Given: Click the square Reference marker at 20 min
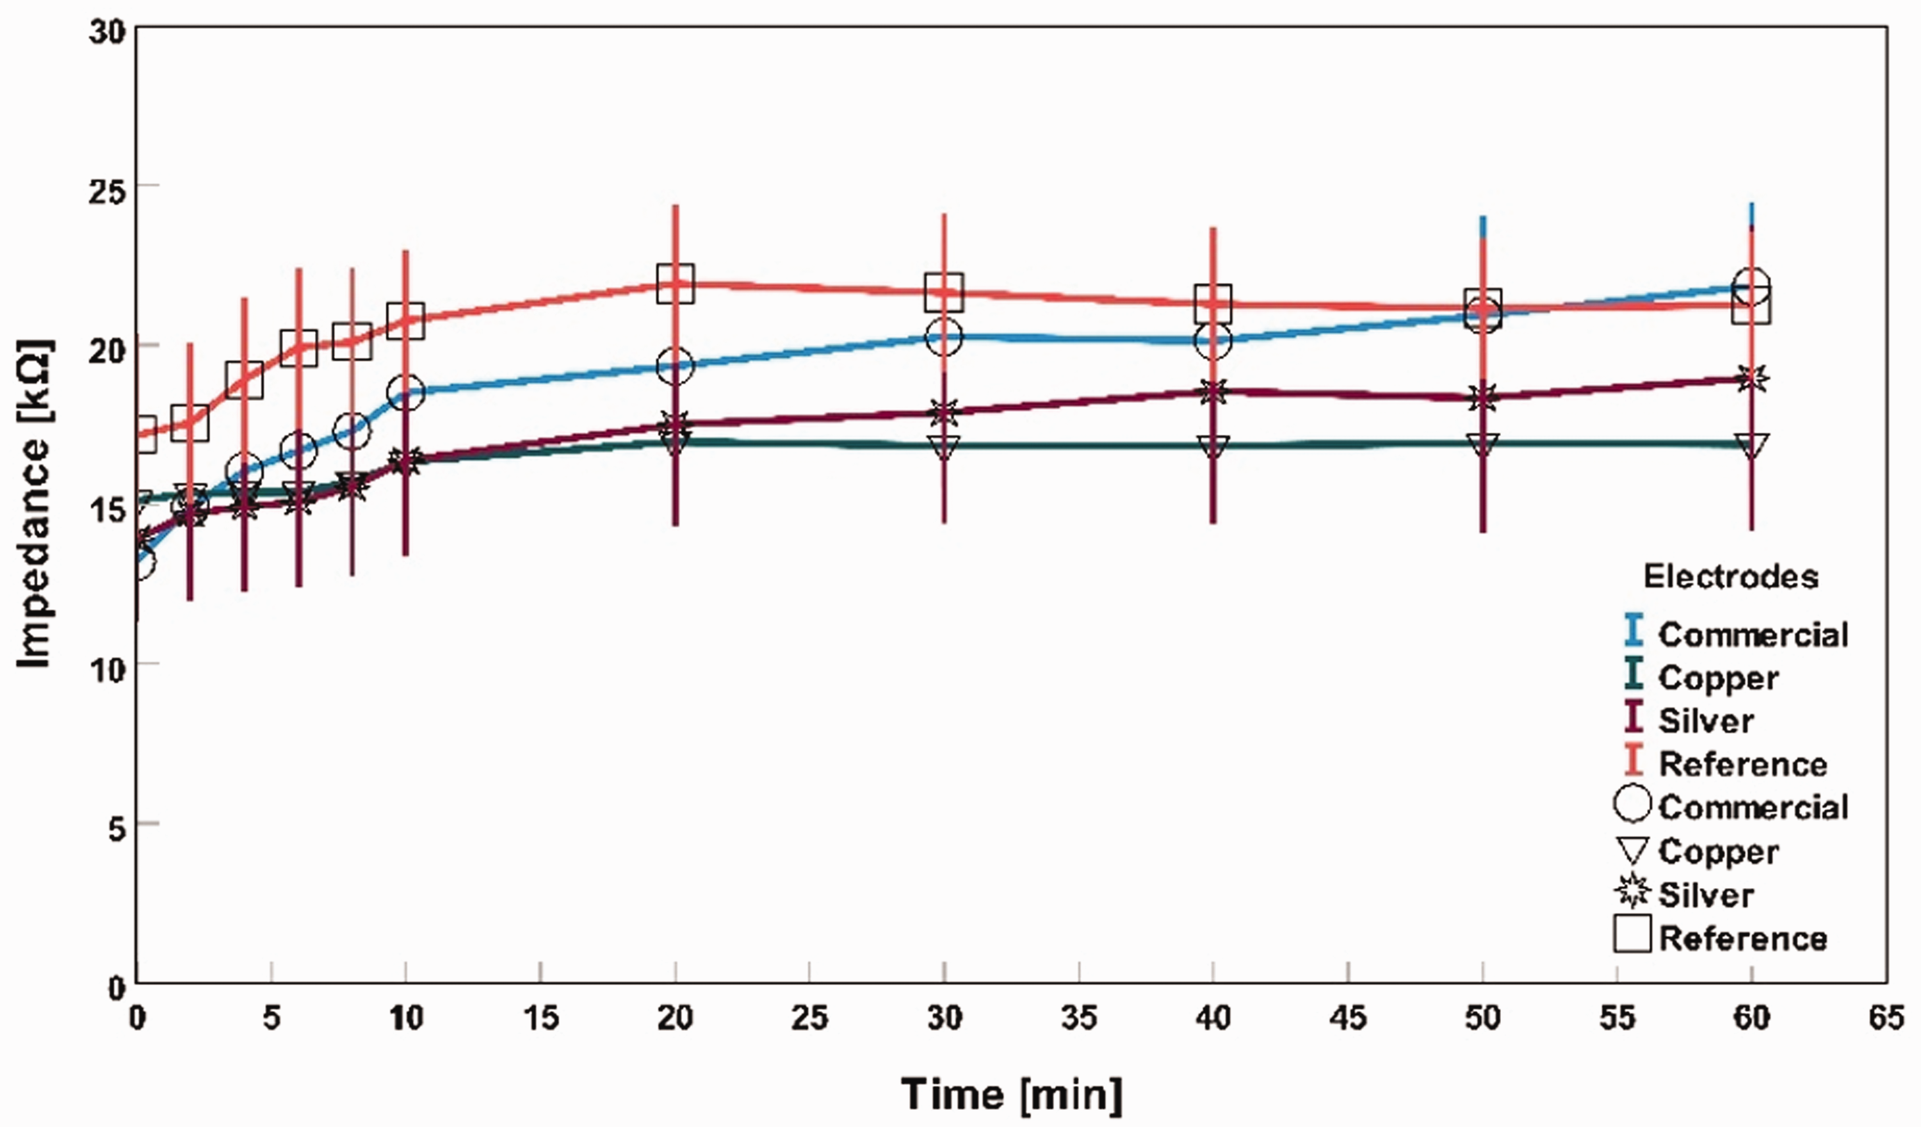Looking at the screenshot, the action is [676, 284].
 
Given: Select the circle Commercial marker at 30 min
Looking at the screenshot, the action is [944, 336].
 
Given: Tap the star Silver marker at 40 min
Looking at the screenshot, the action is [1213, 392].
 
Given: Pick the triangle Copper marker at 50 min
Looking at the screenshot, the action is [1482, 445].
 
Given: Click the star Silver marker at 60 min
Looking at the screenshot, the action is [1752, 378].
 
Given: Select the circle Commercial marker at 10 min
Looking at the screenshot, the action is [405, 392].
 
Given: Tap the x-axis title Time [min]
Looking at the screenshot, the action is [1012, 1095].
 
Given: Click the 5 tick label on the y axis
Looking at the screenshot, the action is [117, 826].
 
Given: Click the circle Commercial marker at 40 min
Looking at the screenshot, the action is [1213, 341].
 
